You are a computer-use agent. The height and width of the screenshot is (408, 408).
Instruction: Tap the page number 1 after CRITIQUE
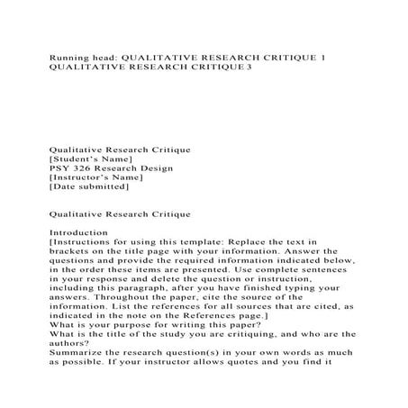(322, 56)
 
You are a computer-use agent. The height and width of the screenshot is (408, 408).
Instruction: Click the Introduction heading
(78, 233)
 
